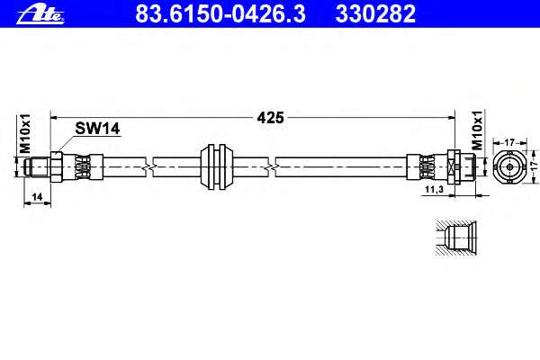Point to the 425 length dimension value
tap(271, 117)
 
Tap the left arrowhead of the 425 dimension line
tap(54, 117)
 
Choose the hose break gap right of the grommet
tap(271, 165)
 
